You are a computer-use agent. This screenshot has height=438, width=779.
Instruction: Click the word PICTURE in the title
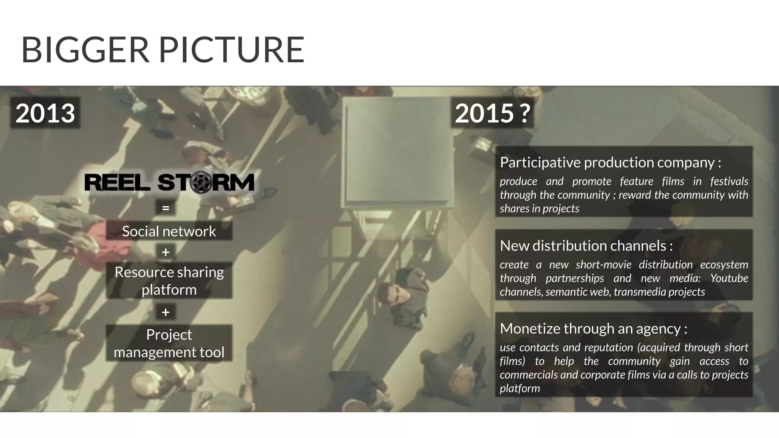click(x=232, y=49)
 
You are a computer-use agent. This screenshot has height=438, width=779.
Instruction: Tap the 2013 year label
click(x=45, y=113)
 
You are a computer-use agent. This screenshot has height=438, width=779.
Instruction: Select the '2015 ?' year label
click(x=492, y=113)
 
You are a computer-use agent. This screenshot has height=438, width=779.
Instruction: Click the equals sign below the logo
click(x=165, y=208)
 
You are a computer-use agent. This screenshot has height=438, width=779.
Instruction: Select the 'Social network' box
click(x=169, y=231)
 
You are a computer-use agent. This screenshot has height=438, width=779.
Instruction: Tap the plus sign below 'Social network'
click(x=165, y=252)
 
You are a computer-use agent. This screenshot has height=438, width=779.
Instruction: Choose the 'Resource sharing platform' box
click(x=169, y=281)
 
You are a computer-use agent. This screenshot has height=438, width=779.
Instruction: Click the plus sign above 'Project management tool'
click(x=165, y=312)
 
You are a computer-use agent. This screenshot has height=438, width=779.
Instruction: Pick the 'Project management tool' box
click(x=169, y=343)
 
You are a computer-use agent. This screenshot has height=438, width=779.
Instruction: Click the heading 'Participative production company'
click(x=610, y=162)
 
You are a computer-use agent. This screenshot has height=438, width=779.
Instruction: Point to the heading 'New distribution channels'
click(x=586, y=246)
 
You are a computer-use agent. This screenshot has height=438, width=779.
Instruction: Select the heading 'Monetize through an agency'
click(x=593, y=328)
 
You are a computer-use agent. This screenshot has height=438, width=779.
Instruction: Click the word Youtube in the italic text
click(x=729, y=278)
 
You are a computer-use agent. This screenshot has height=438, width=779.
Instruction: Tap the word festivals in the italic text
click(x=729, y=181)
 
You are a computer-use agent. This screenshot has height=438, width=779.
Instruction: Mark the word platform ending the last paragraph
click(x=520, y=389)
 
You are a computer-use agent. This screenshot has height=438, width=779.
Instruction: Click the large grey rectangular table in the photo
click(x=397, y=152)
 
